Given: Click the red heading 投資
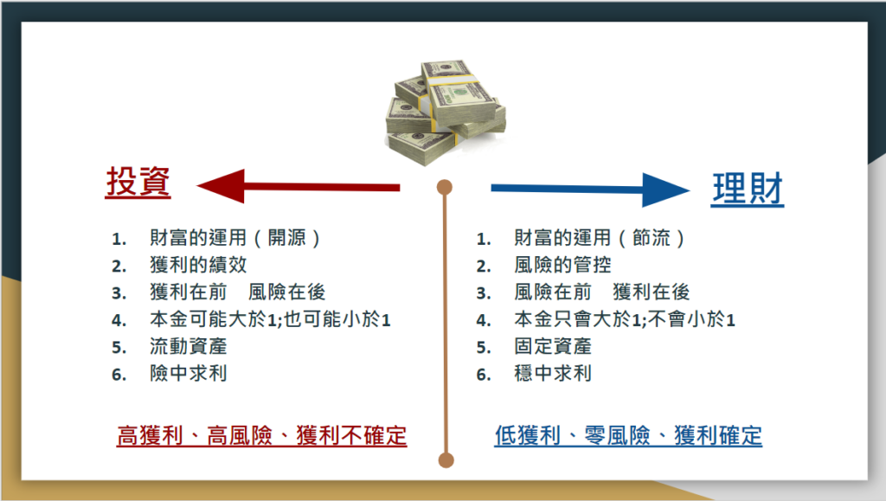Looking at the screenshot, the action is click(138, 182).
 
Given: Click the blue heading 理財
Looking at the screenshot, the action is click(748, 189).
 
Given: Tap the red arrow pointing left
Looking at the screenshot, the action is click(299, 186).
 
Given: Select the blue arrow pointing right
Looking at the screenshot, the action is click(590, 189).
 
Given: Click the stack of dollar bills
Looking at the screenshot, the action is click(446, 112).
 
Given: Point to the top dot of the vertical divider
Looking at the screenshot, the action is click(445, 188).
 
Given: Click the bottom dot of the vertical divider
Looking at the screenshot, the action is click(446, 460).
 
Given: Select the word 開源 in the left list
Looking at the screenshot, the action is click(286, 238).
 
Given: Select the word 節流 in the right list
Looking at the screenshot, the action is click(651, 238).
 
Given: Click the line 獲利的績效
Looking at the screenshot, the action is click(198, 265).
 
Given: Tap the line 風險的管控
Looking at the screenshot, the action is click(562, 265).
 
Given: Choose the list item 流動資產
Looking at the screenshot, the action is click(188, 346).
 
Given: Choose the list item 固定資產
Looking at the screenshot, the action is click(553, 346).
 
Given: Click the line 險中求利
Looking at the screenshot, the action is click(188, 373).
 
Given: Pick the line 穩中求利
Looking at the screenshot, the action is click(553, 373).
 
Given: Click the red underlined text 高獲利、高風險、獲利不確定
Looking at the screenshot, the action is click(261, 436).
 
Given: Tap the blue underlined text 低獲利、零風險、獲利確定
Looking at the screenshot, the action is click(628, 436).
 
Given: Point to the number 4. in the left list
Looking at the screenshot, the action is click(119, 321).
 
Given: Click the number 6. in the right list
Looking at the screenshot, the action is click(483, 375).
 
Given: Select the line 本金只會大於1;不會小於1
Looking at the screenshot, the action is click(625, 319).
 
